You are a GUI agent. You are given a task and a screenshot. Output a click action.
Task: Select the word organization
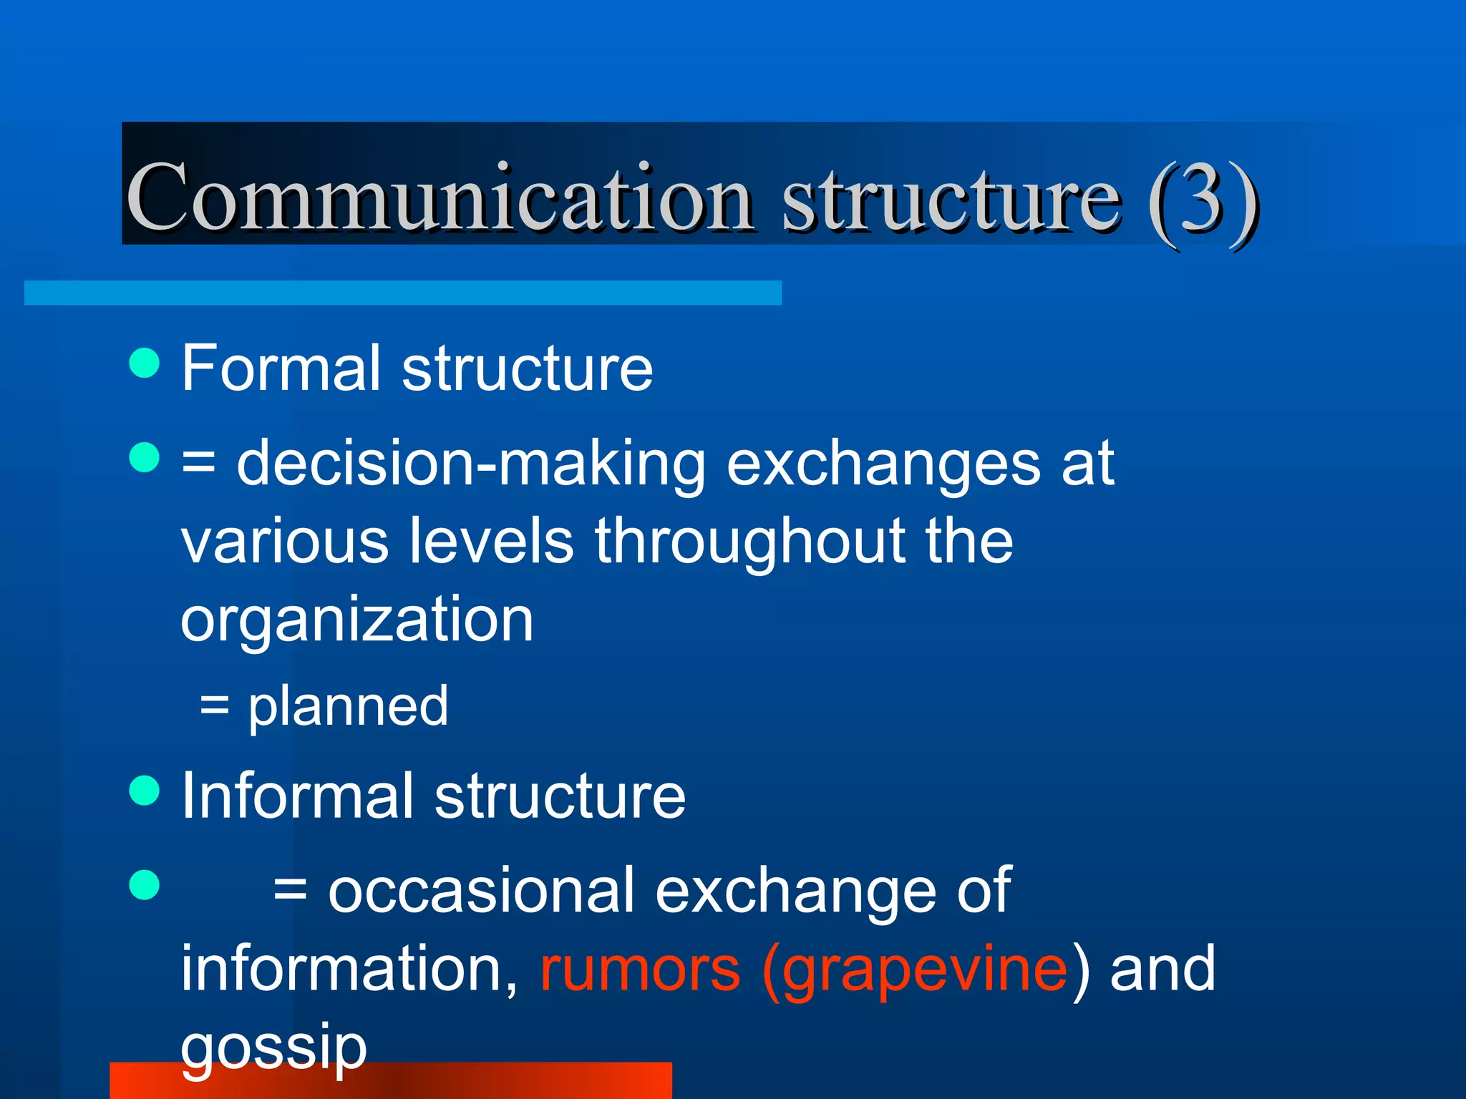(356, 619)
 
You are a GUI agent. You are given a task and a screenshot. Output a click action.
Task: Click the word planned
(348, 706)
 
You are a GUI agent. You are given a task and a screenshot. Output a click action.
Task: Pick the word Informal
(298, 796)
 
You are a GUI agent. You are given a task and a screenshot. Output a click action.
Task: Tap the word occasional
(482, 891)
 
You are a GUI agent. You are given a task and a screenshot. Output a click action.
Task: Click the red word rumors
(640, 969)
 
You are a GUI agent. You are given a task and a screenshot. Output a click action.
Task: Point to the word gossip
(273, 1048)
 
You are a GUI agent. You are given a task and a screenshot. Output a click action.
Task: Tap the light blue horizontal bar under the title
(402, 293)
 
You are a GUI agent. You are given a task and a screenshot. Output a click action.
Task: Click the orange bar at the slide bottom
(501, 1082)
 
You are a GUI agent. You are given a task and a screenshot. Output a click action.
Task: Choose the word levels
(491, 542)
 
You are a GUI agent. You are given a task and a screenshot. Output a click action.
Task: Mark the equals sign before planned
(215, 706)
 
